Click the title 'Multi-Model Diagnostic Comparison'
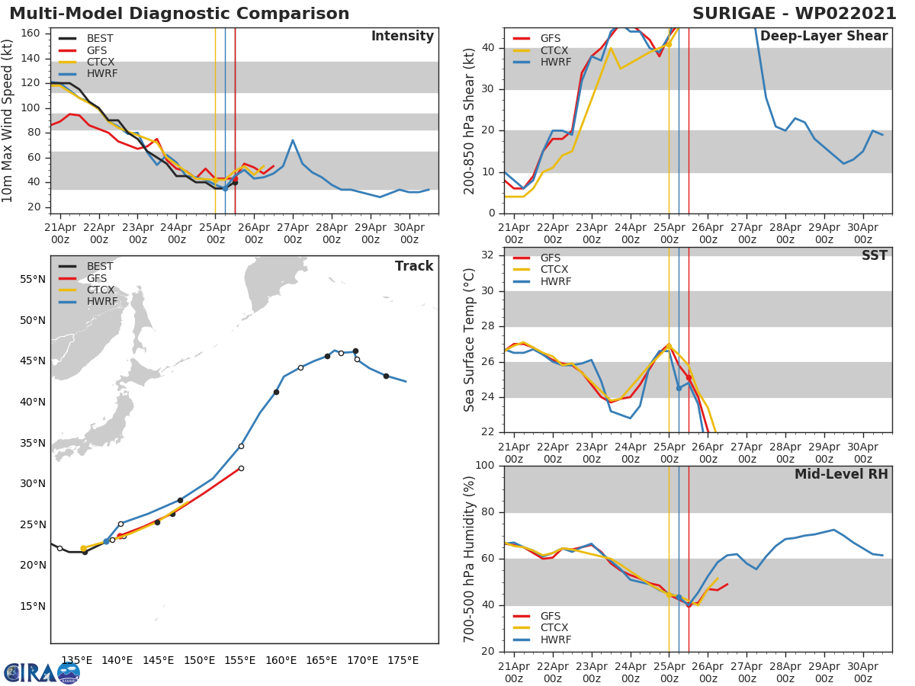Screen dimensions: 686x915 (179, 14)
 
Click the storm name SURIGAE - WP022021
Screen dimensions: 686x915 (790, 14)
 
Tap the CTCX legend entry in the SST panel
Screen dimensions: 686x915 (554, 270)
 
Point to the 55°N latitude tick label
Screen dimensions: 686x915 (31, 280)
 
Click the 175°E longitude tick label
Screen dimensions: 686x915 (402, 660)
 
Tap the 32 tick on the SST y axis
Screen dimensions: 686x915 (489, 255)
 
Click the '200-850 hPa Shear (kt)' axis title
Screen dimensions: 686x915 (470, 120)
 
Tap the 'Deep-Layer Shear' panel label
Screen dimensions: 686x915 (823, 37)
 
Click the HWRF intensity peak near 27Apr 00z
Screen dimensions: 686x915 (292, 140)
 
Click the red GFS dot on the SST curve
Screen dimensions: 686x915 (689, 377)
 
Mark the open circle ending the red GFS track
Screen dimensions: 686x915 (241, 468)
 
